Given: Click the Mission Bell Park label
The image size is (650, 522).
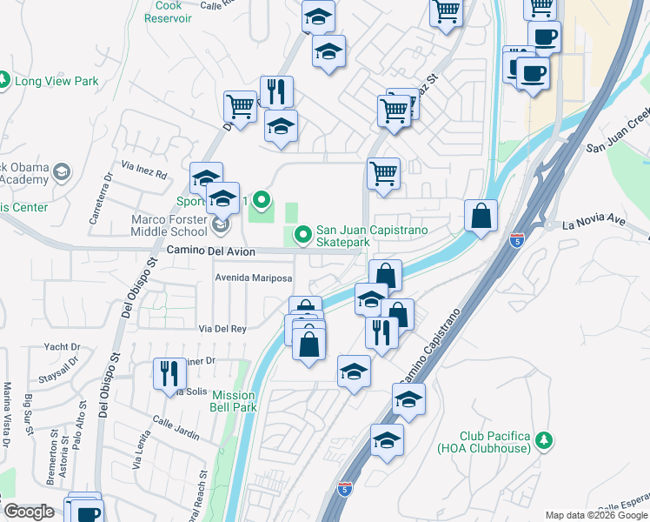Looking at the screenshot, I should pyautogui.click(x=234, y=400).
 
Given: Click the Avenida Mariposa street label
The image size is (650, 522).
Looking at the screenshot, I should pyautogui.click(x=254, y=278).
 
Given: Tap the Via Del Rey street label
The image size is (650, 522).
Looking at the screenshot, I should pyautogui.click(x=223, y=329).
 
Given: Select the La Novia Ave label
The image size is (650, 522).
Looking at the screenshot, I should pyautogui.click(x=594, y=223).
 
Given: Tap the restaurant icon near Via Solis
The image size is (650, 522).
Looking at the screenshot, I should pyautogui.click(x=169, y=373).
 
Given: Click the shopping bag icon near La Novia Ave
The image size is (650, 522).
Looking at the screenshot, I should pyautogui.click(x=481, y=216).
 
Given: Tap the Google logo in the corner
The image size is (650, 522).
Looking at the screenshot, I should pyautogui.click(x=29, y=512).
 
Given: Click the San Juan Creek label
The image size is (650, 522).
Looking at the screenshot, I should pyautogui.click(x=619, y=134).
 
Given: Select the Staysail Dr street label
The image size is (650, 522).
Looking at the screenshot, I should pyautogui.click(x=59, y=378).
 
